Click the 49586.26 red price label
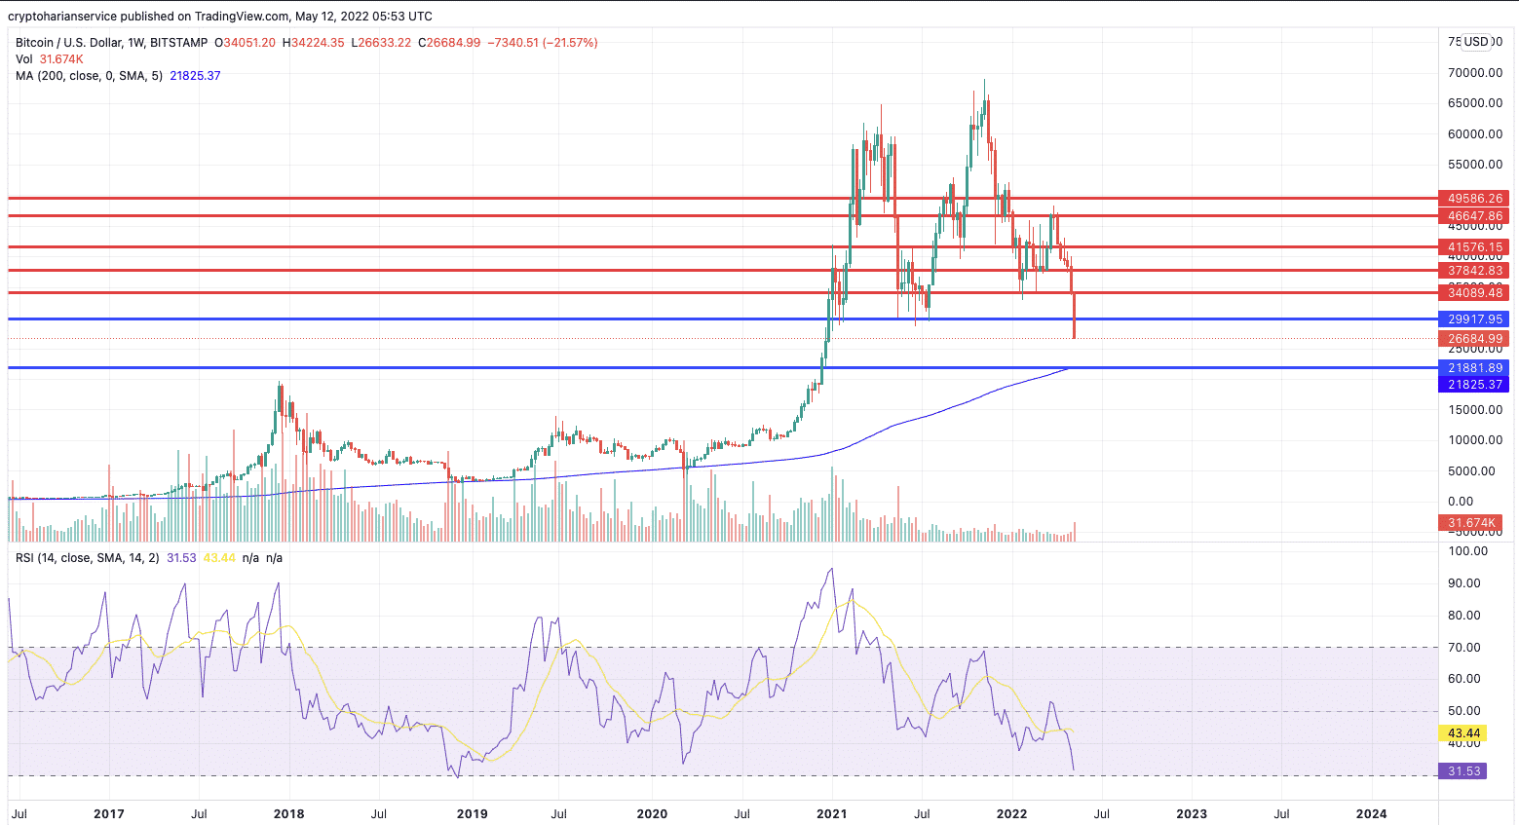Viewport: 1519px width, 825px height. tap(1474, 198)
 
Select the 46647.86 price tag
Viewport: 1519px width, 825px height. tap(1474, 215)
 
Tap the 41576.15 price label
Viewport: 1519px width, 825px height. tap(1474, 247)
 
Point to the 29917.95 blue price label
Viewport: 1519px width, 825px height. tap(1474, 319)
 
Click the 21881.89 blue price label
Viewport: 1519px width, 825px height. tap(1474, 368)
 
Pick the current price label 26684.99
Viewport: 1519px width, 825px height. tap(1474, 339)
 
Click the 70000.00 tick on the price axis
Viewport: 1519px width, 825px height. tap(1473, 73)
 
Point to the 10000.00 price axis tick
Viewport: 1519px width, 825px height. tap(1473, 440)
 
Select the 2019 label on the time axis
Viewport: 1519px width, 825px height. tap(472, 813)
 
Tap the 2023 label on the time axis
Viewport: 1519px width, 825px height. tap(1191, 813)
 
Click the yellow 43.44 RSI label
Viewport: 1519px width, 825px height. tap(1463, 733)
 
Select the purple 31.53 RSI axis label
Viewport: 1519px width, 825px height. tap(1463, 771)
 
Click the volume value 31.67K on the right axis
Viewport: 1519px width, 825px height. tap(1472, 523)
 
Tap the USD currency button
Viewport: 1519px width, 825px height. tap(1476, 42)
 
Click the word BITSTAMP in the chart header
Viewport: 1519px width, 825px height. tap(176, 43)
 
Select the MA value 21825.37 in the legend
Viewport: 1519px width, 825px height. tap(195, 76)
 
